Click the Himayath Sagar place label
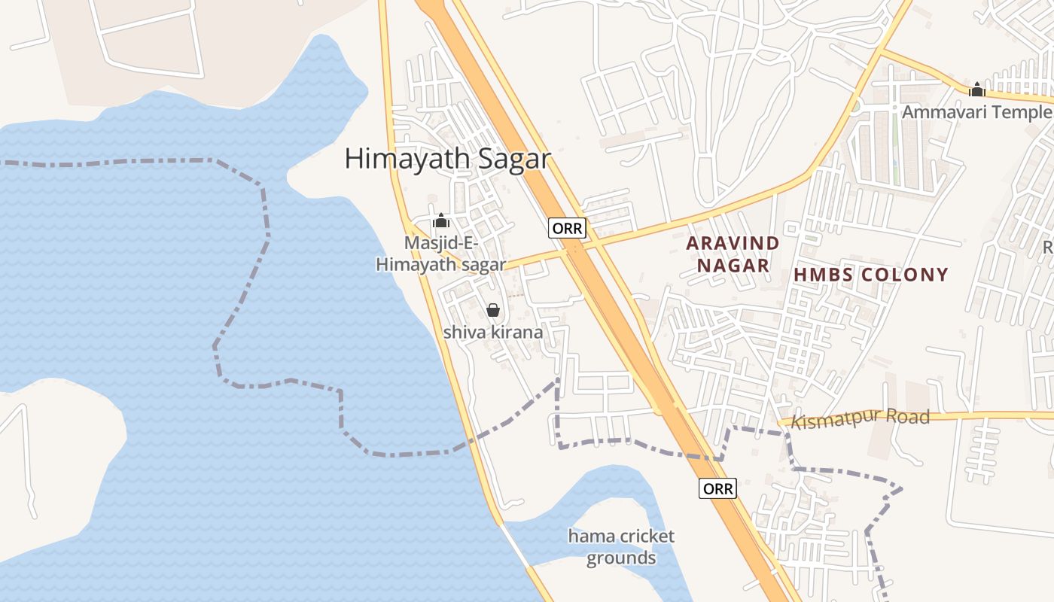447,159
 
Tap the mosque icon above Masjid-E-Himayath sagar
441,220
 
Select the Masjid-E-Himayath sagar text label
441,254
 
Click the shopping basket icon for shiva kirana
493,310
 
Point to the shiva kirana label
493,332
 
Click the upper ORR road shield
567,228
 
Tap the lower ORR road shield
717,488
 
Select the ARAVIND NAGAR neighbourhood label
733,254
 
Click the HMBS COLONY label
871,275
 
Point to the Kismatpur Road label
861,418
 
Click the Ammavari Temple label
976,112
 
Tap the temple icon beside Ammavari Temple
977,90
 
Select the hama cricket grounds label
621,547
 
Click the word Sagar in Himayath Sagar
513,159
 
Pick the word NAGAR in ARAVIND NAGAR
733,266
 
